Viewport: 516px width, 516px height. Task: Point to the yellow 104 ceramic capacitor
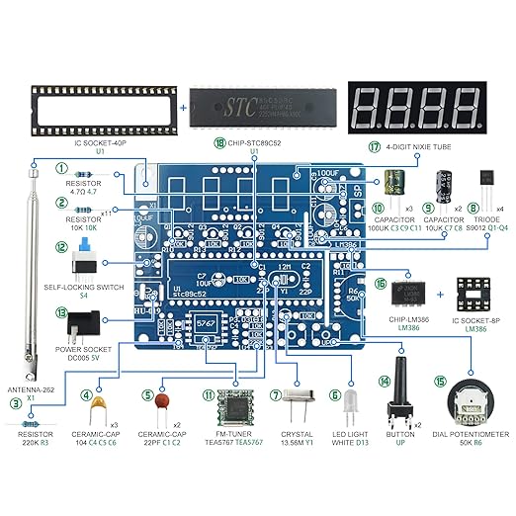click(98, 406)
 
